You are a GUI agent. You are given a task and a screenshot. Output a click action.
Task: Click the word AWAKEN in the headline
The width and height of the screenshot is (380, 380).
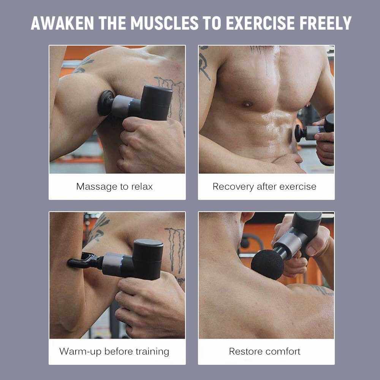(x=62, y=23)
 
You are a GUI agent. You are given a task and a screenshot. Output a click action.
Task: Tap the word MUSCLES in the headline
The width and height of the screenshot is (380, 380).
(x=165, y=23)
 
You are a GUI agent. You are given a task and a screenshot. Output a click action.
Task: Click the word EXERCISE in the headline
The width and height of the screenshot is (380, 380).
(x=260, y=23)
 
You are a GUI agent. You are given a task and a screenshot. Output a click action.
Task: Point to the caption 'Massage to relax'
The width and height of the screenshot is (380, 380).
(x=114, y=187)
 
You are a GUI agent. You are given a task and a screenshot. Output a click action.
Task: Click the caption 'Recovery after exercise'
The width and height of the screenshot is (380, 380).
(x=264, y=187)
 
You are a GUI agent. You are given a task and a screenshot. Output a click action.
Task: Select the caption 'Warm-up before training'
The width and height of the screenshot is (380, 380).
(x=114, y=351)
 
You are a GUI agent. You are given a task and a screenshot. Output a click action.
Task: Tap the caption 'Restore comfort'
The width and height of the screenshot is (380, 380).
(x=264, y=351)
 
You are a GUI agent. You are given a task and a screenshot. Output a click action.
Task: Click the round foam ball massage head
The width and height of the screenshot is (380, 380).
(x=267, y=264)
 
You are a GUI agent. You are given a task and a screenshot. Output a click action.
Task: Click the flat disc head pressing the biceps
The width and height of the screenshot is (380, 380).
(x=105, y=103)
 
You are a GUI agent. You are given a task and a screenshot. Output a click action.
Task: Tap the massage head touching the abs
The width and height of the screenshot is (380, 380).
(x=300, y=133)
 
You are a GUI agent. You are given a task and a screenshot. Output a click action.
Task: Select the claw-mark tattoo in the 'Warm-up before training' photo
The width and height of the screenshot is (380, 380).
(x=175, y=250)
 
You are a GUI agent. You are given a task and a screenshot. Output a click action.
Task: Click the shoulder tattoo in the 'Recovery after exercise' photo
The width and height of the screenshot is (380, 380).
(x=204, y=63)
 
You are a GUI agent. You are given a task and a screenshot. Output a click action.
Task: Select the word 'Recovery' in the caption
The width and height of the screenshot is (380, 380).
(x=233, y=187)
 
